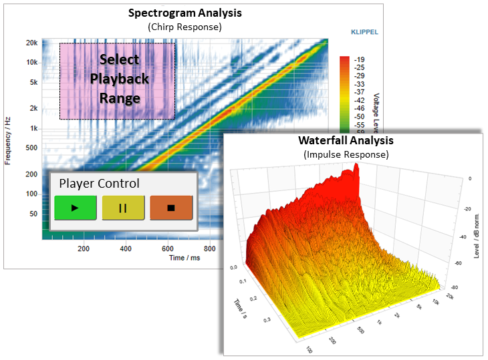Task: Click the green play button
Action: coord(76,208)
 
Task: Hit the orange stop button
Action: coord(171,208)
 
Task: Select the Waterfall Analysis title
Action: coord(346,140)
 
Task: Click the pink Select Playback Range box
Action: coord(118,80)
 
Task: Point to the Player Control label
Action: coord(100,183)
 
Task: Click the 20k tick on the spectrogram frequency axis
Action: coord(31,43)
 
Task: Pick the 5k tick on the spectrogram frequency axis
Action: coord(31,83)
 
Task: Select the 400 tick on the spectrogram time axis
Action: coord(126,249)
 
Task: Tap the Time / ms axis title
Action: coord(185,257)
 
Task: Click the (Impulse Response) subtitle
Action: coord(346,154)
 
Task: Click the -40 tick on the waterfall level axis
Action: coord(461,236)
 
